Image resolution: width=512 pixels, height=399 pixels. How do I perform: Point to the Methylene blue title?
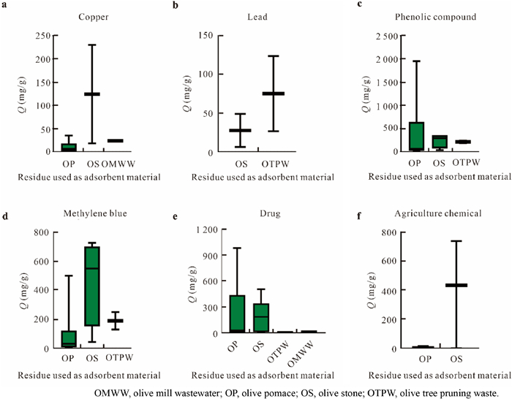point(89,213)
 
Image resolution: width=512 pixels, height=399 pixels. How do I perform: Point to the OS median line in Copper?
point(92,94)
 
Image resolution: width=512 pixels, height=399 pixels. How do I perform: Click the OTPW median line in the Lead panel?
point(274,94)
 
